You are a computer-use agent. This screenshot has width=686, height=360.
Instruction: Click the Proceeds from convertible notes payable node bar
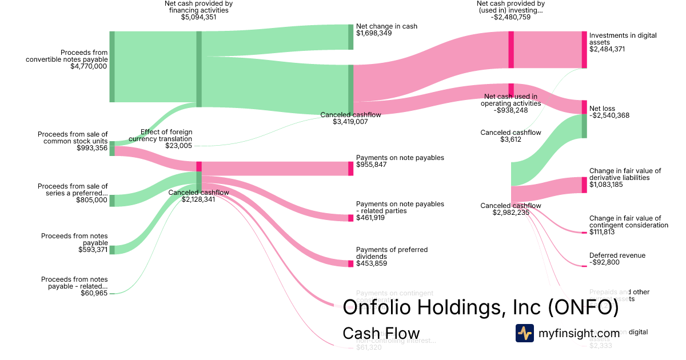pos(112,67)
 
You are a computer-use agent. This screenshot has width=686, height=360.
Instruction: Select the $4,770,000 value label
pos(89,66)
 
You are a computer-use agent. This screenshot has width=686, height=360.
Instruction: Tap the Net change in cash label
pos(386,26)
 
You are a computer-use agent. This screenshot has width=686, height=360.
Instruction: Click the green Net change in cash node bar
pos(350,37)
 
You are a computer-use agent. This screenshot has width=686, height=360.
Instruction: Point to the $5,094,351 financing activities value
pos(198,17)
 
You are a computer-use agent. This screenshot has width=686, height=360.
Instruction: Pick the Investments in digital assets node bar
pos(584,49)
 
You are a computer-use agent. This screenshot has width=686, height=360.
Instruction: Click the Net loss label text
pos(602,108)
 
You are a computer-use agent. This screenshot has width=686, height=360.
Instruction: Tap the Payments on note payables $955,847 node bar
pos(350,169)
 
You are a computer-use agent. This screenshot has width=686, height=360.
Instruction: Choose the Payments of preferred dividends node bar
pos(350,263)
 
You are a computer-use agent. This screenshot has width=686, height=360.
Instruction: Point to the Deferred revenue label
pos(617,255)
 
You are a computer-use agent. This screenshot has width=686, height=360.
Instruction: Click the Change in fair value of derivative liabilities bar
pos(584,185)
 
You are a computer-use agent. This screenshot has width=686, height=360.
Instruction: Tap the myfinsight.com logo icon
pos(524,333)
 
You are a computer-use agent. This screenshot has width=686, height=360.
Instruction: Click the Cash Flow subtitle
pos(381,333)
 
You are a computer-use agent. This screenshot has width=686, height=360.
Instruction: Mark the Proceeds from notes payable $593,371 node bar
pos(112,250)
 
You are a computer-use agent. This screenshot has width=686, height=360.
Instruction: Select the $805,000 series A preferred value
pos(91,200)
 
